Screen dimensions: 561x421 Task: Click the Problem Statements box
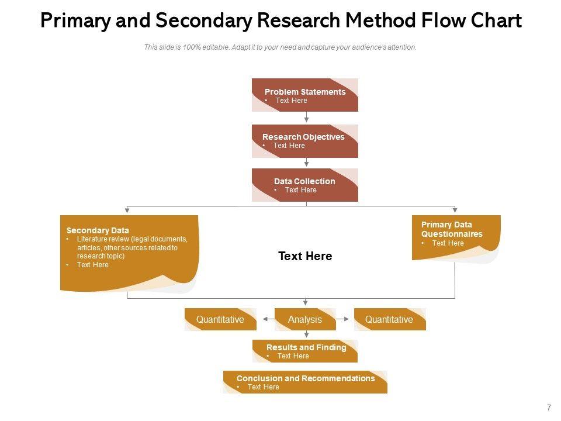[305, 95]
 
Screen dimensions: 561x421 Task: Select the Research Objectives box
[305, 141]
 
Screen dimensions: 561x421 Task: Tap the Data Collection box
[305, 185]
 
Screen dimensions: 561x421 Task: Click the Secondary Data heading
[98, 230]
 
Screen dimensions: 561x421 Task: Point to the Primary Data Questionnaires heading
[452, 229]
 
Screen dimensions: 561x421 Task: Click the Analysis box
[305, 319]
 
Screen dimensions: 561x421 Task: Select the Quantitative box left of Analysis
[220, 319]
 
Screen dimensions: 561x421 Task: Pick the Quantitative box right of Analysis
[390, 319]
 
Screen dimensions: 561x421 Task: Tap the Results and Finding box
[305, 351]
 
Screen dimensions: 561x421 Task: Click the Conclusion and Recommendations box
[305, 382]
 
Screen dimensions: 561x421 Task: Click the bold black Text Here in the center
[305, 256]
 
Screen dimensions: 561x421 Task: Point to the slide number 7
[549, 408]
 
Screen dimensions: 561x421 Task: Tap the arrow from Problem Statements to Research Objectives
[307, 117]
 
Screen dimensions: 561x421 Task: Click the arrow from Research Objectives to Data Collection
[307, 163]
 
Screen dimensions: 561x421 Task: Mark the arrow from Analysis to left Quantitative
[269, 319]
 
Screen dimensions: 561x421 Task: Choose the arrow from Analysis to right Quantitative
[342, 319]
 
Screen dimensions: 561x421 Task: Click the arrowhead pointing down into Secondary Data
[127, 210]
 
